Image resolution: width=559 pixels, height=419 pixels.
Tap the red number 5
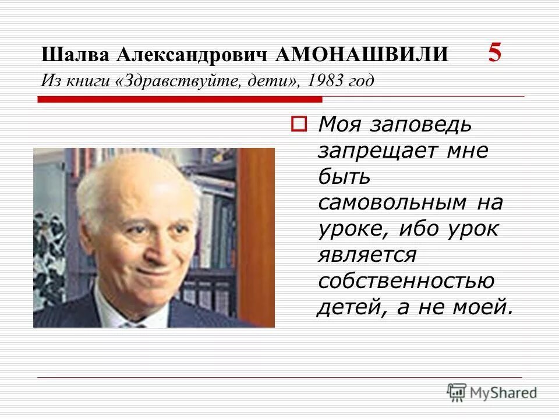click(494, 53)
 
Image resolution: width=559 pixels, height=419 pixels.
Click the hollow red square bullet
click(298, 123)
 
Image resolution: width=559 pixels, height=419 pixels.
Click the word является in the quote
click(367, 254)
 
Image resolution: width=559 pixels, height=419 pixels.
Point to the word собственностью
click(406, 280)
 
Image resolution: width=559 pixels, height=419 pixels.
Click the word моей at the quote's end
click(483, 307)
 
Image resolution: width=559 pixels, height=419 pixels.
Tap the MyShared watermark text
click(504, 393)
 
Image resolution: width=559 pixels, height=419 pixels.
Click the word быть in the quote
click(344, 176)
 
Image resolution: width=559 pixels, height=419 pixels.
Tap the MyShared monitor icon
click(457, 392)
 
